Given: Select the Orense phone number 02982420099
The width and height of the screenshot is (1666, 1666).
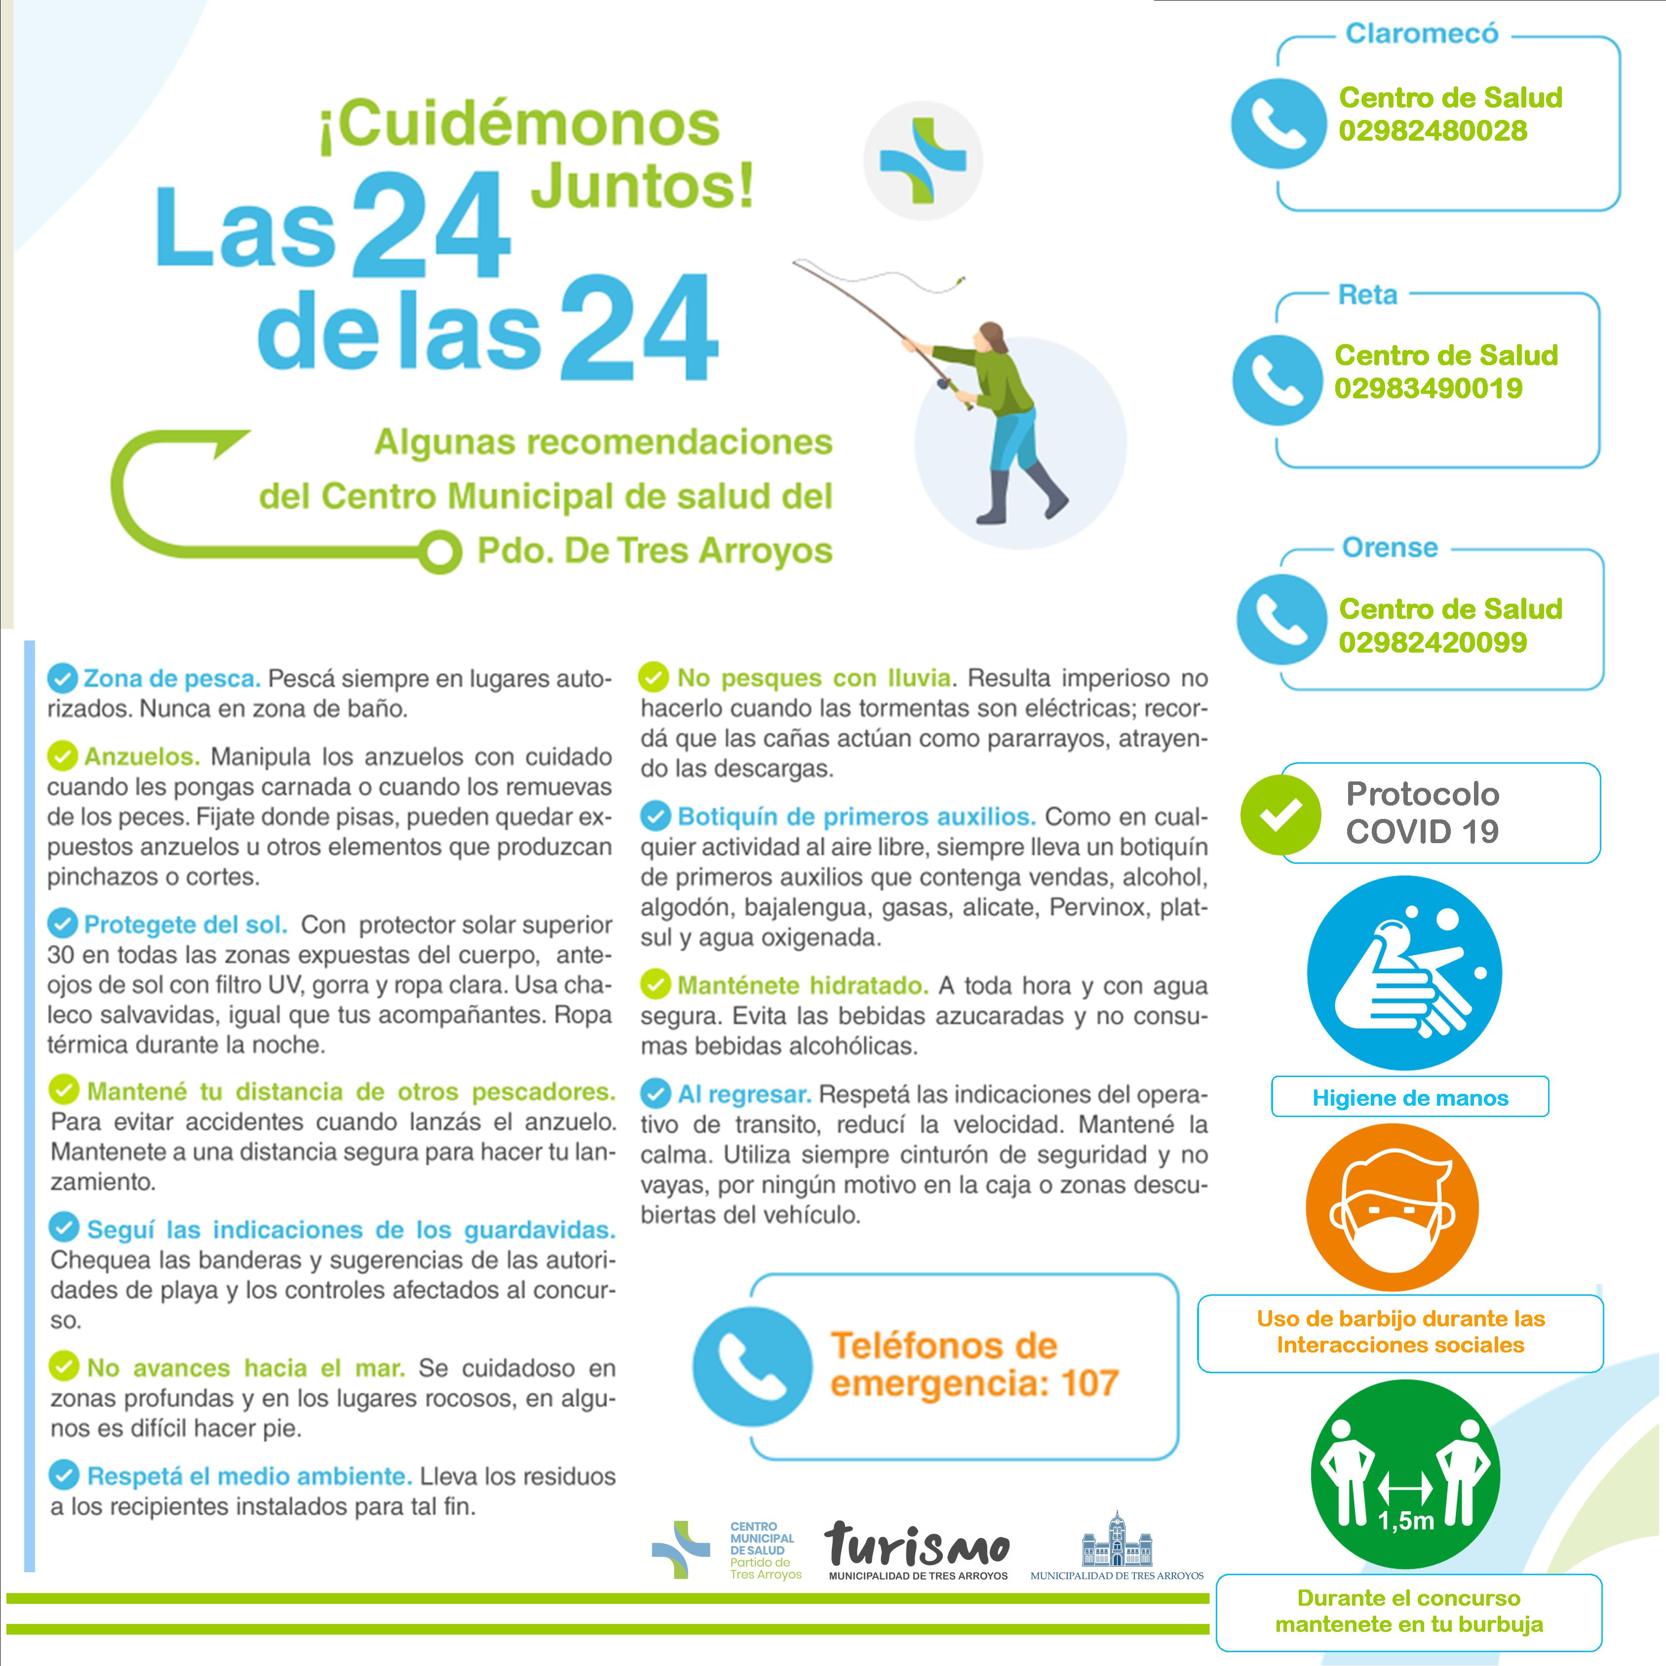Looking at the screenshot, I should point(1433,642).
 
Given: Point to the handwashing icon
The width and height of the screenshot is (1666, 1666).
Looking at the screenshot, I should point(1404,972).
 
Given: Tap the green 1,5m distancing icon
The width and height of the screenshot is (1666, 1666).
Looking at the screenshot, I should point(1405,1473).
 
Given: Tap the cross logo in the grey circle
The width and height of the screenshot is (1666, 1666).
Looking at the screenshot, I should point(923,161).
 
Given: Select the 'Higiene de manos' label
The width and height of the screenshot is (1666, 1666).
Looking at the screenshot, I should point(1410,1098).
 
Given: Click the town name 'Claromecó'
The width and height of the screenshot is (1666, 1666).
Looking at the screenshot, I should point(1422,34).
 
